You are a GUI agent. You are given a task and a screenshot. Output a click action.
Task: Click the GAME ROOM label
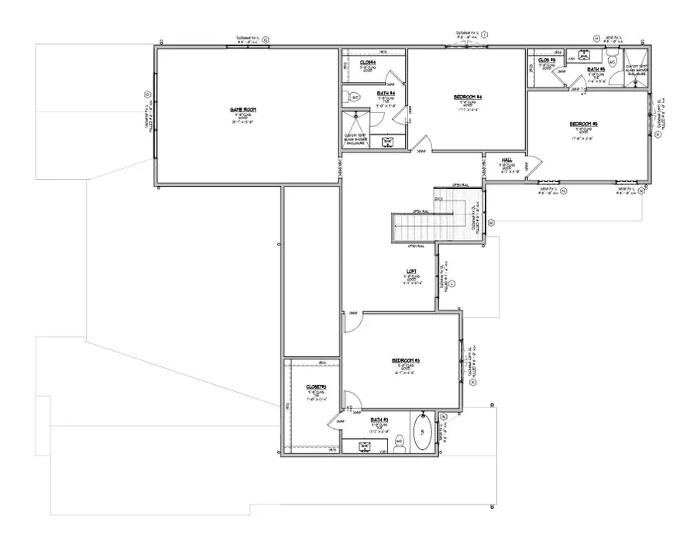pyautogui.click(x=242, y=110)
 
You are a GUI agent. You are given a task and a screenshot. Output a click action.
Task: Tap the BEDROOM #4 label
pyautogui.click(x=468, y=97)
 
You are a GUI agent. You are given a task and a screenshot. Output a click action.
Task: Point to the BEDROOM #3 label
pyautogui.click(x=406, y=361)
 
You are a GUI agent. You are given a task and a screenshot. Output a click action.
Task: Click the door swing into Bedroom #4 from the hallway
pyautogui.click(x=421, y=144)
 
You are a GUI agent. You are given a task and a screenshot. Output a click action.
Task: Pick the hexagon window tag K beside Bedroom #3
pyautogui.click(x=473, y=382)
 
